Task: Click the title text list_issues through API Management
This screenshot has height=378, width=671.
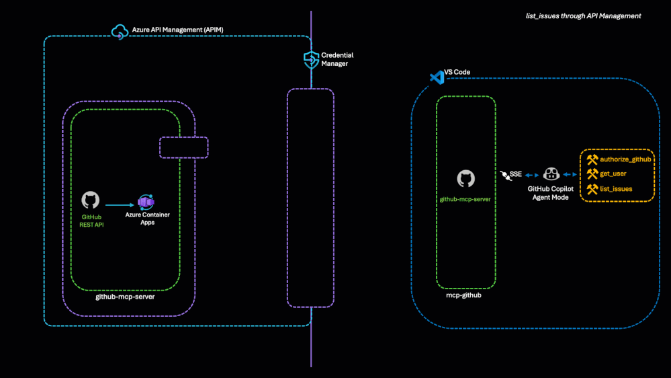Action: [583, 15]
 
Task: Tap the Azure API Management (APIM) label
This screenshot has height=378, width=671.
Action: [174, 31]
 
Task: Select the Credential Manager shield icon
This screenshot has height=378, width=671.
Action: [311, 59]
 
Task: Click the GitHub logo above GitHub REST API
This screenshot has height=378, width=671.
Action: [90, 200]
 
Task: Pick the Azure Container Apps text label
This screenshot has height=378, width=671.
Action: [147, 218]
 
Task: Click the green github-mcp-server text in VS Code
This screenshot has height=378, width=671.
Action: [465, 200]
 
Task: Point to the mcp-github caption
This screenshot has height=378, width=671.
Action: [465, 295]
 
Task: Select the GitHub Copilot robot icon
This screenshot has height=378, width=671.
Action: [551, 174]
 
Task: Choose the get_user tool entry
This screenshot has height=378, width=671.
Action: [611, 174]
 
